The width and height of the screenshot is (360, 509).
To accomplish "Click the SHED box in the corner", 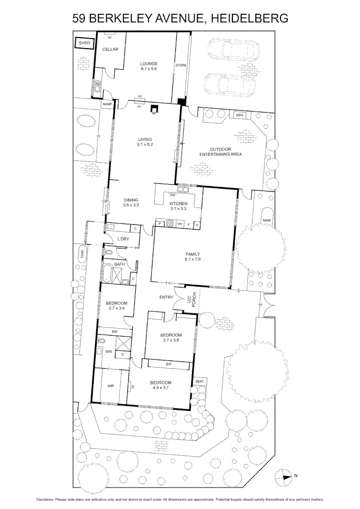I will tap(84, 43).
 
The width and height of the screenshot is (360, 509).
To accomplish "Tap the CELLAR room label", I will tap(110, 49).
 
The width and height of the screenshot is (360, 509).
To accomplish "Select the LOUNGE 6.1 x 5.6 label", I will tap(148, 66).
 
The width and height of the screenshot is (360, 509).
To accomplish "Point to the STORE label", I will tap(181, 65).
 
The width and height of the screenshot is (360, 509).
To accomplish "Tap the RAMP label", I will tap(107, 104).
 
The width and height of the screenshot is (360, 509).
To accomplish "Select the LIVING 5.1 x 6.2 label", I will tap(145, 142).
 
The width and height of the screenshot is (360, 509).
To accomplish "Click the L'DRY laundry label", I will tap(123, 239).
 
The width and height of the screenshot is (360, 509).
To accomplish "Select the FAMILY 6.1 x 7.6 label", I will tap(193, 256).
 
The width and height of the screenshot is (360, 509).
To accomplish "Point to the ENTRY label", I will tap(166, 297).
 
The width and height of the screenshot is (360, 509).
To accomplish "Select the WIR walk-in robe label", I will tap(110, 386).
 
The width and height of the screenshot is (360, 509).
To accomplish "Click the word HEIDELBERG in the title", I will tap(248, 18).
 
